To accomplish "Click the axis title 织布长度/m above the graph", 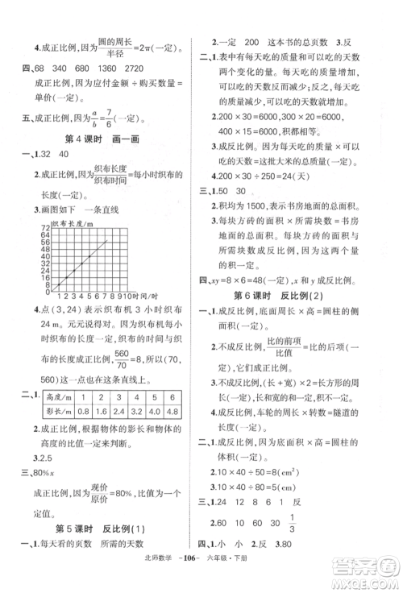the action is (x=69, y=219).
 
